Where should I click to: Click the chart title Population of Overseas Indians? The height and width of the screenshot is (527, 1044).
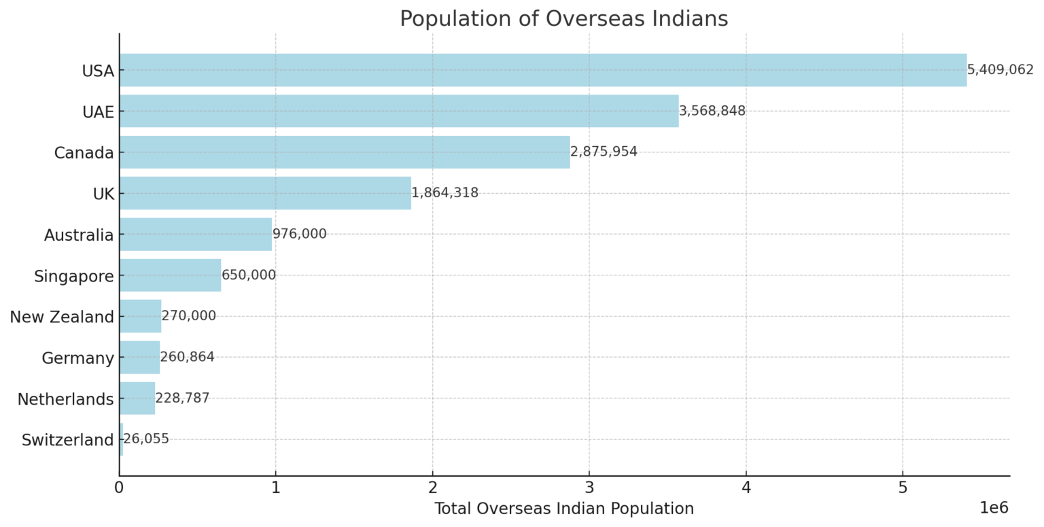pos(563,19)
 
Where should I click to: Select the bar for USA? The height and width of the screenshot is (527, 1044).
pos(542,70)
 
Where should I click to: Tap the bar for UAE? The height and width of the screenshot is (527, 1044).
pos(398,111)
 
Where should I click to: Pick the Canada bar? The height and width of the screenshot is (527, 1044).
pos(344,152)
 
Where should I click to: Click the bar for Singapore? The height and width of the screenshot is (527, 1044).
pos(170,275)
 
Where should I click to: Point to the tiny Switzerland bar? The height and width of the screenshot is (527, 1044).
pos(121,439)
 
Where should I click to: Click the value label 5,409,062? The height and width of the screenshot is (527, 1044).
pos(1000,70)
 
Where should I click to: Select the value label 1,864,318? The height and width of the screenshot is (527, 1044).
pos(445,193)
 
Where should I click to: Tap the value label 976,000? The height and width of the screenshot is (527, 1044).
pos(299,234)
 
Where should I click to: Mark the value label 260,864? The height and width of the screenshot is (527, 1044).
pos(187,357)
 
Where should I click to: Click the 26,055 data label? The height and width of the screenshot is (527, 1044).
pos(146,439)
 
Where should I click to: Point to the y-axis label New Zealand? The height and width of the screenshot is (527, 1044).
pos(62,317)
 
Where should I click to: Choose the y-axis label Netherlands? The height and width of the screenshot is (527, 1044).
pos(65,399)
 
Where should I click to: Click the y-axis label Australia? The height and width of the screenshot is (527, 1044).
pos(79,235)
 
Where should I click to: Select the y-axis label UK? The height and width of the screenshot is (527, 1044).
pos(103,194)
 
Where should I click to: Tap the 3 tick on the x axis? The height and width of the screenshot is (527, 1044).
pos(589,488)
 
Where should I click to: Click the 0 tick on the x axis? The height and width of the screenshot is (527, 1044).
pos(119,488)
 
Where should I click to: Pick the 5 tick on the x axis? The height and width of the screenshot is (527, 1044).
pos(903,488)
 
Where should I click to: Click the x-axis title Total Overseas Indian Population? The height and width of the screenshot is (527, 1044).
pos(563,509)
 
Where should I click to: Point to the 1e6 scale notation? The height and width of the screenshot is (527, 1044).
pos(994,508)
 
